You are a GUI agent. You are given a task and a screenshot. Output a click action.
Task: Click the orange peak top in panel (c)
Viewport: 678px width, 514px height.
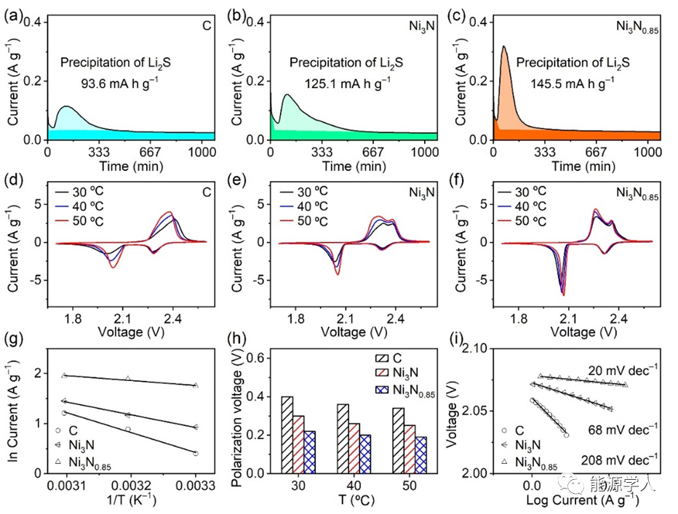click(503, 47)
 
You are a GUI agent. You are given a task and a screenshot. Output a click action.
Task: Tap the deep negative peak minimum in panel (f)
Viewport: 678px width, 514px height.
click(562, 294)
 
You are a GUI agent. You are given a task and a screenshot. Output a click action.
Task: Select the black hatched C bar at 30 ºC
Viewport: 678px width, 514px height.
click(287, 435)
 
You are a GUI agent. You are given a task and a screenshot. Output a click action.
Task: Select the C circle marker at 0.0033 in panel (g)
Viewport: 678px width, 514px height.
click(196, 453)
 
